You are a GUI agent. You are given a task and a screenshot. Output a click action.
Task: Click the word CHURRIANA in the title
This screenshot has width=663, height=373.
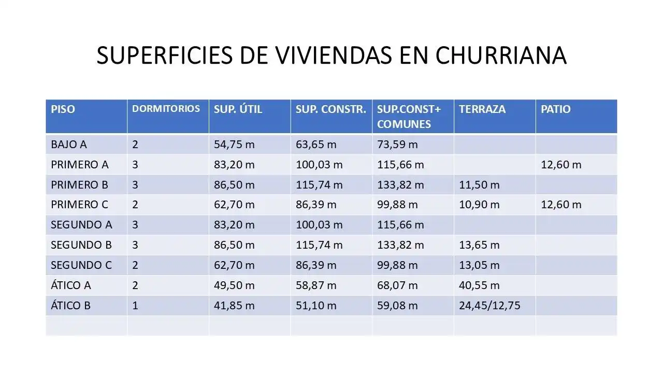pyautogui.click(x=501, y=55)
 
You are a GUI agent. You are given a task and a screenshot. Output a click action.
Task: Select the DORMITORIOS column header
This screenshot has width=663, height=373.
pyautogui.click(x=166, y=109)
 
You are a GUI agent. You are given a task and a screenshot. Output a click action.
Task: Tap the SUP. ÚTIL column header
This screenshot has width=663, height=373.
pyautogui.click(x=238, y=109)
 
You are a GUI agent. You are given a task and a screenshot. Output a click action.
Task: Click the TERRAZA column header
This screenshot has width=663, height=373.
pyautogui.click(x=482, y=109)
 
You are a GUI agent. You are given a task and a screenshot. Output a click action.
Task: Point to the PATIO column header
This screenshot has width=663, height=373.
pyautogui.click(x=556, y=109)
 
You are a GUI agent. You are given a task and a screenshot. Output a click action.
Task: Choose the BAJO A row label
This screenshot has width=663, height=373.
pyautogui.click(x=69, y=145)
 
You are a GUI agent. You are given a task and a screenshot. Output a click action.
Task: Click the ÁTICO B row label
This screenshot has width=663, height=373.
pyautogui.click(x=70, y=305)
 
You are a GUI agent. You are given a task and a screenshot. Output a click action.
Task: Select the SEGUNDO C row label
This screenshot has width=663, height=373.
pyautogui.click(x=81, y=265)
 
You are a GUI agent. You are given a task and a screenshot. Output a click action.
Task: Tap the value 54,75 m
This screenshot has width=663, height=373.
pyautogui.click(x=234, y=145)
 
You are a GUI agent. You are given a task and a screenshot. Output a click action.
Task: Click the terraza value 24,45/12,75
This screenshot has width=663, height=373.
pyautogui.click(x=489, y=306)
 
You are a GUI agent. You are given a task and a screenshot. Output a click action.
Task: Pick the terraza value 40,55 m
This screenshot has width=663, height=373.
pyautogui.click(x=479, y=285)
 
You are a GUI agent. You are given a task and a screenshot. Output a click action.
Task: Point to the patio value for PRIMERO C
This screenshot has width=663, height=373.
pyautogui.click(x=561, y=205)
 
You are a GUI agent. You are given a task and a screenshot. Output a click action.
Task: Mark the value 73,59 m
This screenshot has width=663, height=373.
pyautogui.click(x=397, y=145)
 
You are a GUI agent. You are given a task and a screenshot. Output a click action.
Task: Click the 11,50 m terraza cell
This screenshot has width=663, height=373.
pyautogui.click(x=479, y=185)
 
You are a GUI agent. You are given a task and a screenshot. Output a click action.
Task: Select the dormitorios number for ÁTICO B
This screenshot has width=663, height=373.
pyautogui.click(x=135, y=306)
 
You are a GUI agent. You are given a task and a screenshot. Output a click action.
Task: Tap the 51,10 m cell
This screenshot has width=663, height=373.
pyautogui.click(x=316, y=306)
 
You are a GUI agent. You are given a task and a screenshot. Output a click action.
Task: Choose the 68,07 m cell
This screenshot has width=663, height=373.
pyautogui.click(x=397, y=285)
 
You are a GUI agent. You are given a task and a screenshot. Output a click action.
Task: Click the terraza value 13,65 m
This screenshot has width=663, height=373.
pyautogui.click(x=479, y=245)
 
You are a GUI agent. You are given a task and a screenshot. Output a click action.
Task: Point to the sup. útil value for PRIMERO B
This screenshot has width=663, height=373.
pyautogui.click(x=234, y=185)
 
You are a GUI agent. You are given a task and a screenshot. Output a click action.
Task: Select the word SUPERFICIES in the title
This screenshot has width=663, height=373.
pyautogui.click(x=165, y=55)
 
